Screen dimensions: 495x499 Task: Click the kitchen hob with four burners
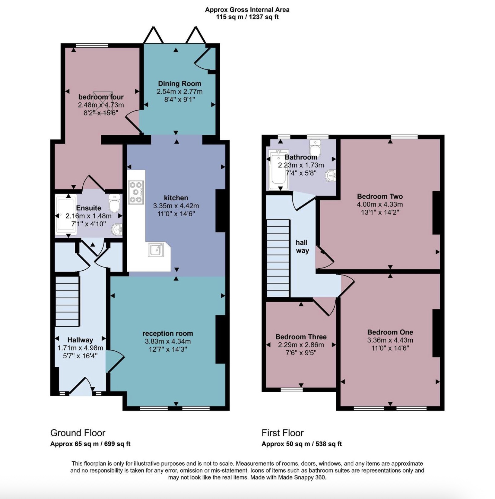[136, 192]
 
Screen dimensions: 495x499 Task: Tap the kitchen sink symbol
[156, 249]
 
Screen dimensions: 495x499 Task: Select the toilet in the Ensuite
[114, 203]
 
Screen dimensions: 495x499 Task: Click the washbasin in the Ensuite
[117, 230]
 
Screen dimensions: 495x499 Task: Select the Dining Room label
[179, 83]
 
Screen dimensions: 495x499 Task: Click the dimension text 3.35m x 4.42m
[176, 206]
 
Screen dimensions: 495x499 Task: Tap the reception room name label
[168, 333]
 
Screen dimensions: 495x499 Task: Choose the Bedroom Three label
[301, 337]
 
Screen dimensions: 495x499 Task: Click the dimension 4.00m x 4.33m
[380, 204]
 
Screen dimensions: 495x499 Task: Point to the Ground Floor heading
[78, 433]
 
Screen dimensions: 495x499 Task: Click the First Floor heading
[283, 433]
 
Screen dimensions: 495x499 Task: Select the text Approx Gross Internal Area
[247, 10]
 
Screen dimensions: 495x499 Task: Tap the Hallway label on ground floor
[80, 340]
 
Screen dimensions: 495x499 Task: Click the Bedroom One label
[390, 332]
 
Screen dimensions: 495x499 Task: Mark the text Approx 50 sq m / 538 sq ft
[302, 444]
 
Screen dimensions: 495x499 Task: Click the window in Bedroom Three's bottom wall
[292, 390]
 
